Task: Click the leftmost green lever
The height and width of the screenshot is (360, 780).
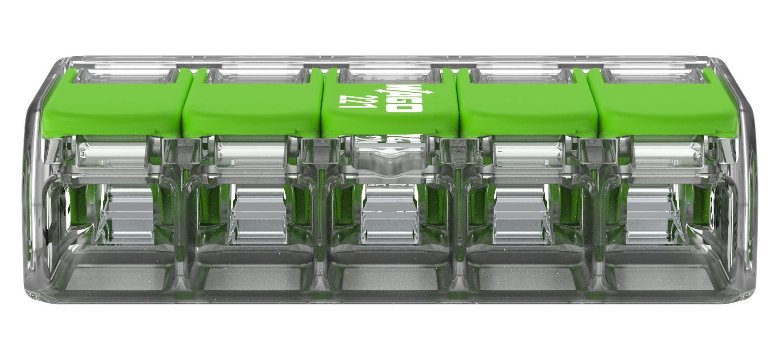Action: click(x=112, y=108)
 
